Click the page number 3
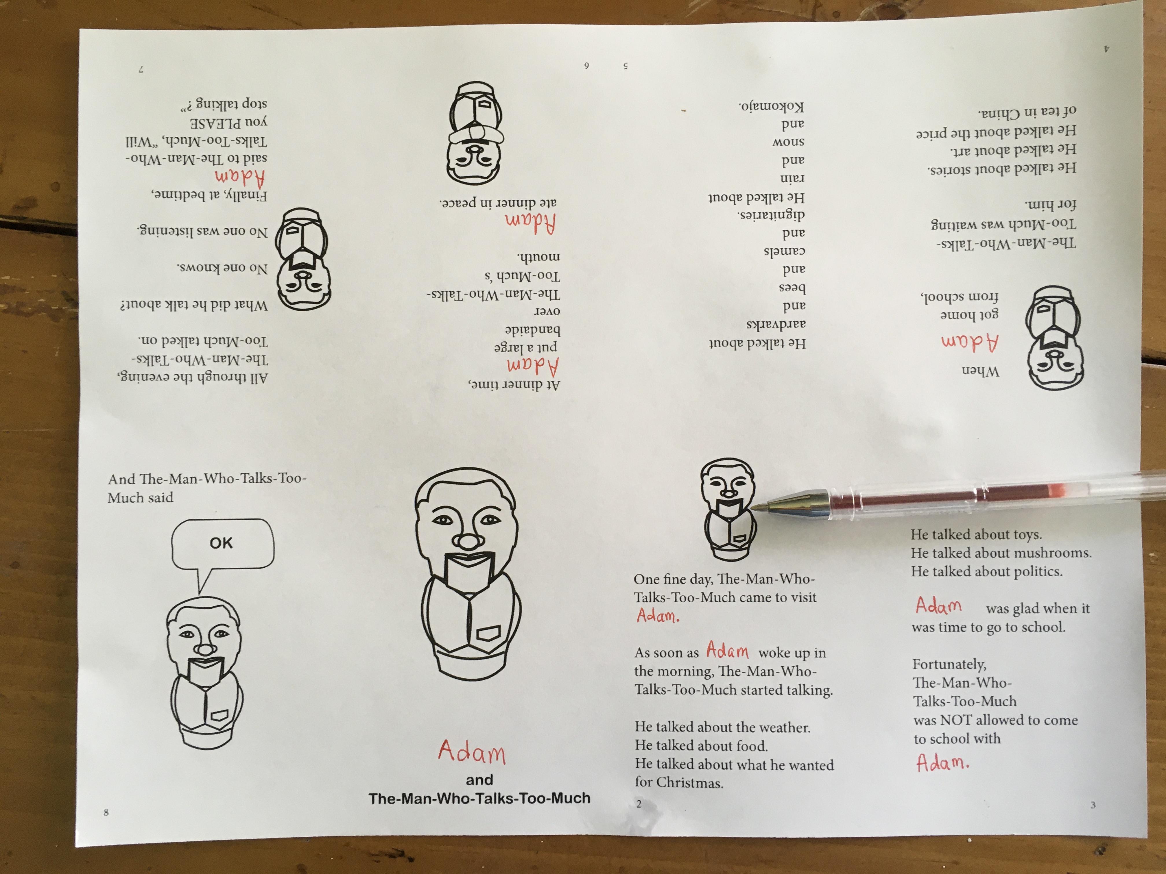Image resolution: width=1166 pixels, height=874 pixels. pyautogui.click(x=1093, y=805)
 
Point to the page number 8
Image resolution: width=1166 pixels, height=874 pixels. pyautogui.click(x=106, y=812)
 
